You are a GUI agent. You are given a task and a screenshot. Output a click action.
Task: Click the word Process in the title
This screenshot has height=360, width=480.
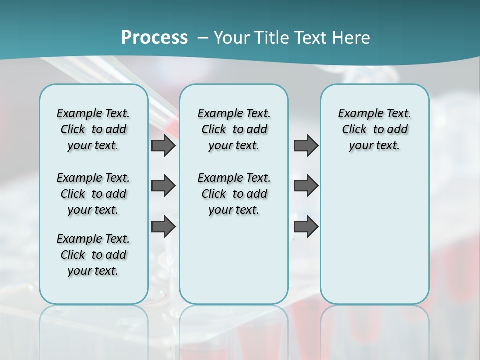click(x=154, y=38)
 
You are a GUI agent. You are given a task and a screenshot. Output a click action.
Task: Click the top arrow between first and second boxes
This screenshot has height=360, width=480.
click(x=163, y=145)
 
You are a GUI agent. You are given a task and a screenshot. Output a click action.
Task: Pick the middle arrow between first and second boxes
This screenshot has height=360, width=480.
click(x=163, y=186)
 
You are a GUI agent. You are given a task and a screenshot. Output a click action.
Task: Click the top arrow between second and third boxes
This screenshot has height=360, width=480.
click(x=306, y=145)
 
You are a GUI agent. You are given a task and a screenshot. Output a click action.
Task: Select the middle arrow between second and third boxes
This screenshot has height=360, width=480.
click(x=306, y=186)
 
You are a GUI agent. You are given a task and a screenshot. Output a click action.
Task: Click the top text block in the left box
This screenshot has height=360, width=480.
click(x=93, y=129)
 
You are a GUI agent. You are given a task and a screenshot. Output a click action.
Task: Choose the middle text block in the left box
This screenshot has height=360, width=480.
click(x=93, y=194)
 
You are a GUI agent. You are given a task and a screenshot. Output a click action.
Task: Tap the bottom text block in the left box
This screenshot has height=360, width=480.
click(x=93, y=255)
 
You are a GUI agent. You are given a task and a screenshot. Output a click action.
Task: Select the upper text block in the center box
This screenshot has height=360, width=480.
click(x=234, y=129)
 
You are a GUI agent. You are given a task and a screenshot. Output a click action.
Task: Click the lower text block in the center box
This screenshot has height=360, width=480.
click(x=234, y=194)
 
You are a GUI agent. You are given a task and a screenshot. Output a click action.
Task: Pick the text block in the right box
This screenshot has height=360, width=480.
click(x=374, y=129)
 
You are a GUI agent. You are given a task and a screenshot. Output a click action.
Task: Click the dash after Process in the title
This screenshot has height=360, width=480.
click(x=203, y=38)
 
